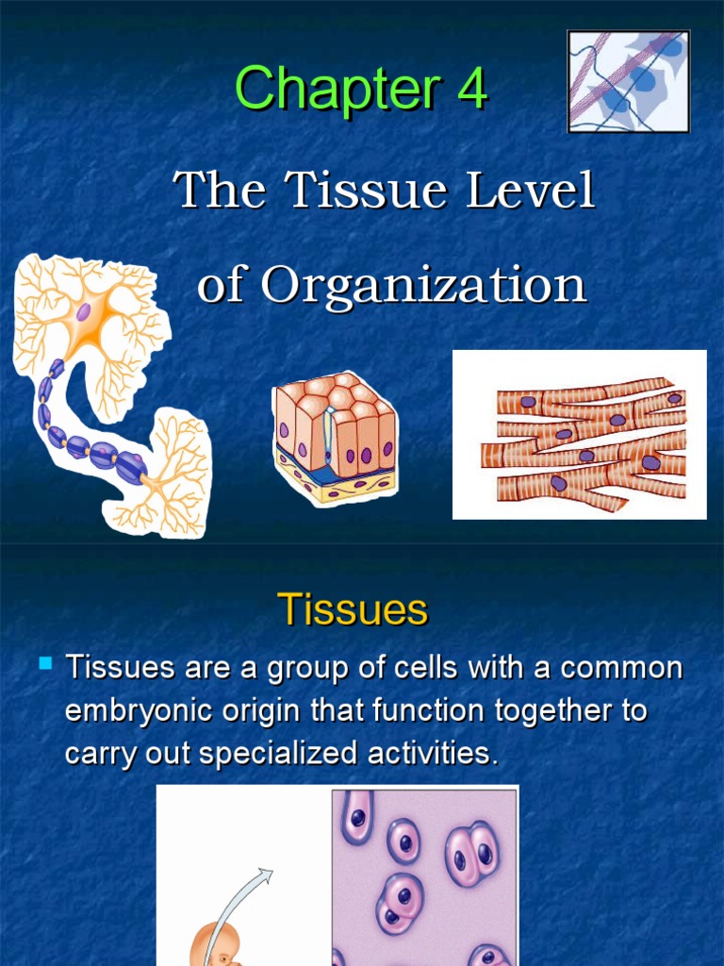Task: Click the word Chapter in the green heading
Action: pyautogui.click(x=337, y=90)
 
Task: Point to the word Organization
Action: pyautogui.click(x=423, y=284)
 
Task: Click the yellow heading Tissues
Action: pyautogui.click(x=353, y=610)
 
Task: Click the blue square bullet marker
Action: pyautogui.click(x=44, y=665)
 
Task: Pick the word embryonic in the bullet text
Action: pyautogui.click(x=154, y=711)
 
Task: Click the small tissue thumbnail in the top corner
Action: pyautogui.click(x=628, y=81)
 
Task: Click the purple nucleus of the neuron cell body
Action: pyautogui.click(x=84, y=311)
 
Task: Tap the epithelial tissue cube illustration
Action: pyautogui.click(x=335, y=437)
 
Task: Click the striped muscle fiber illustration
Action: pyautogui.click(x=579, y=434)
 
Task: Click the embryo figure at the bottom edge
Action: pyautogui.click(x=215, y=947)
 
